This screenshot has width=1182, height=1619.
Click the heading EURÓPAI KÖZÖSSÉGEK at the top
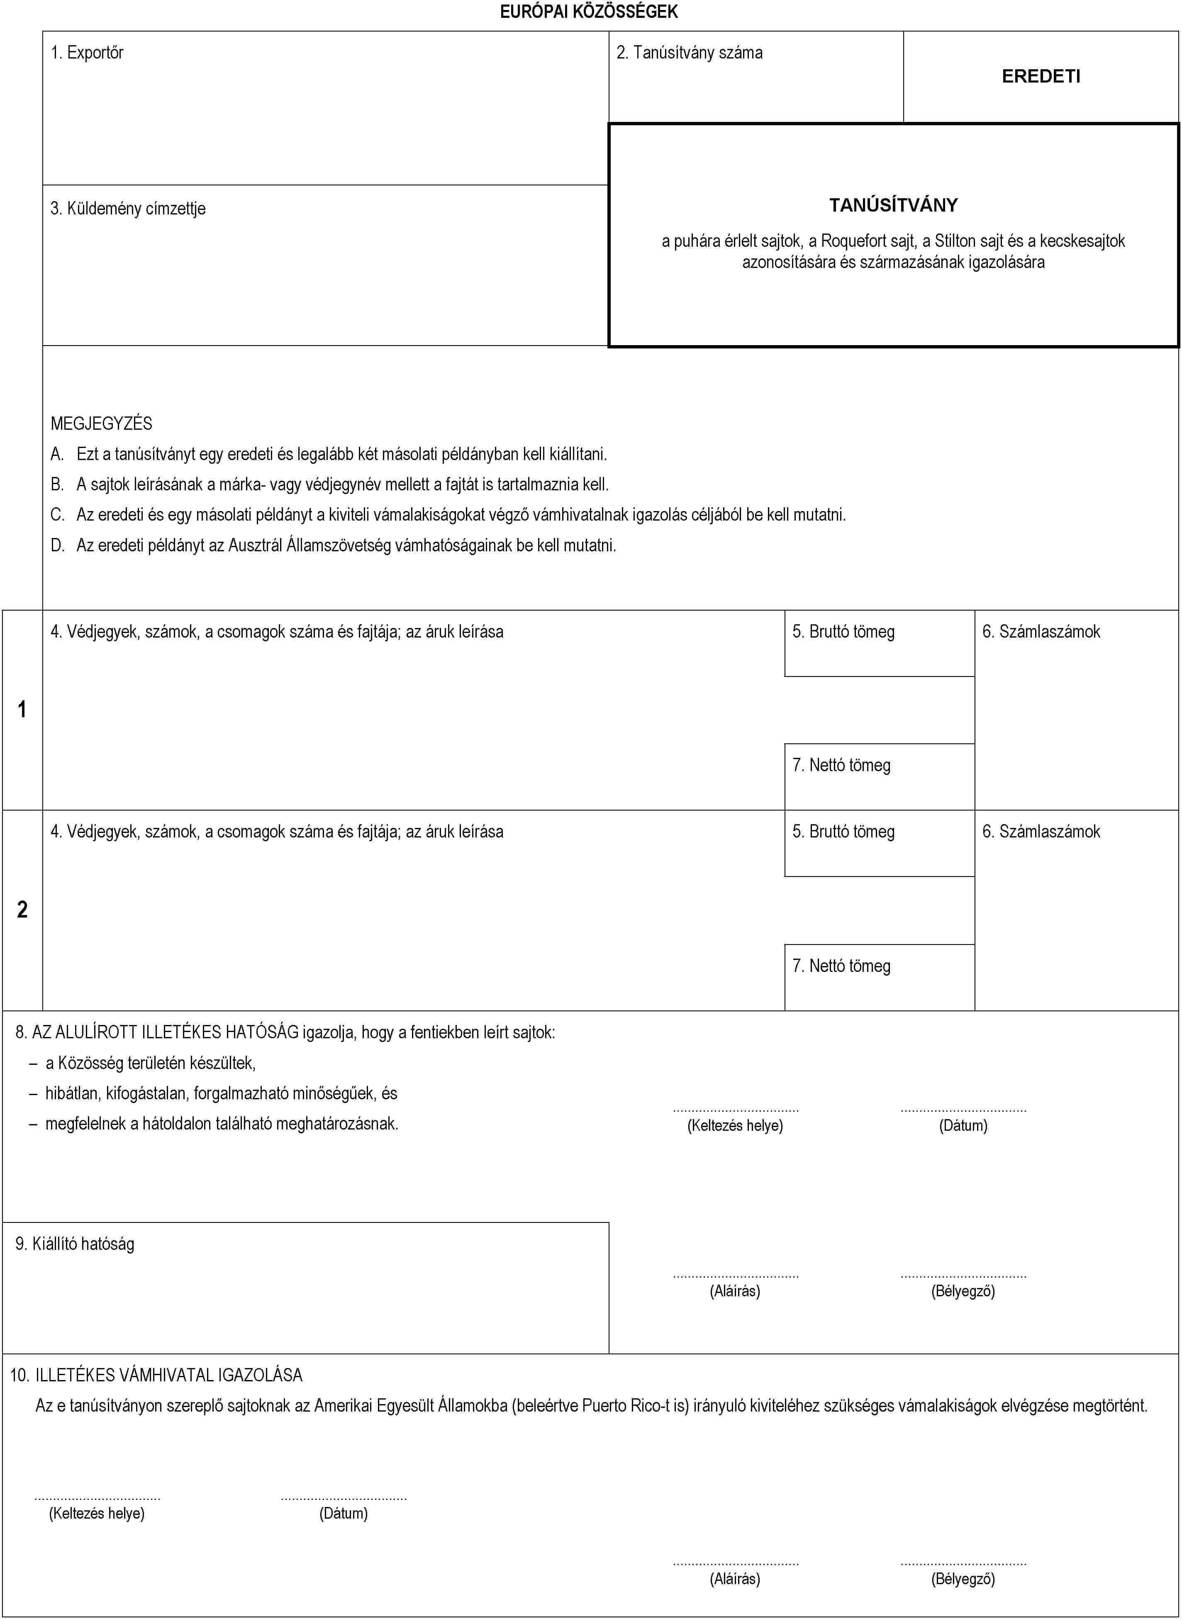coord(588,12)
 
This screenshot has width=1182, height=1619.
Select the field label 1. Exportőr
coord(87,52)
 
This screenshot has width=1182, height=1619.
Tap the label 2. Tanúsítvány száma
coord(689,52)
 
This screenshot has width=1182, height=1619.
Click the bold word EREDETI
coord(1041,77)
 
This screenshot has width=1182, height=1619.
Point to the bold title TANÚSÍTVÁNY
coord(893,205)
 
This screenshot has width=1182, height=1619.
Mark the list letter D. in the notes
coord(57,545)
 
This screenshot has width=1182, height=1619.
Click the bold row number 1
coord(22,709)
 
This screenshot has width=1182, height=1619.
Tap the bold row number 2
coord(22,909)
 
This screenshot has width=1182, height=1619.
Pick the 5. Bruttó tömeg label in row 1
coord(843,632)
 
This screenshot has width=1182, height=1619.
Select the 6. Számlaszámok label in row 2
coord(1041,831)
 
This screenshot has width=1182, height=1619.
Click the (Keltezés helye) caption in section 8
coord(735,1125)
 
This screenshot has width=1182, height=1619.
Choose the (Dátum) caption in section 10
coord(344,1513)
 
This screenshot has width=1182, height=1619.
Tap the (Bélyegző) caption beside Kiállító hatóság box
coord(963,1290)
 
